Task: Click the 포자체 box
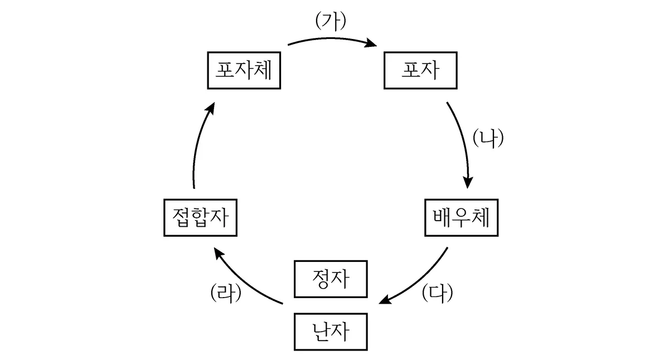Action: (244, 70)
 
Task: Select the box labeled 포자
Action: (420, 70)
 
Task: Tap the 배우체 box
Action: (462, 217)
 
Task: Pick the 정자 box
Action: (331, 279)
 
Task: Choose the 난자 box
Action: (331, 332)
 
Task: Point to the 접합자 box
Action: (200, 217)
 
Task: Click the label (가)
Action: (331, 21)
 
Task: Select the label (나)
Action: (488, 138)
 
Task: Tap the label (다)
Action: (437, 293)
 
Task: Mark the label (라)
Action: (226, 293)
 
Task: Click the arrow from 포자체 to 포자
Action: (332, 38)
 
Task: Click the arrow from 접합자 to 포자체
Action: (198, 143)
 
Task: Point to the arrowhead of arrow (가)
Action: (371, 43)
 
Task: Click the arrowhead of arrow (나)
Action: (468, 182)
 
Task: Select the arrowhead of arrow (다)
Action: (385, 300)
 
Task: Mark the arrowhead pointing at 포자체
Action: (211, 108)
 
